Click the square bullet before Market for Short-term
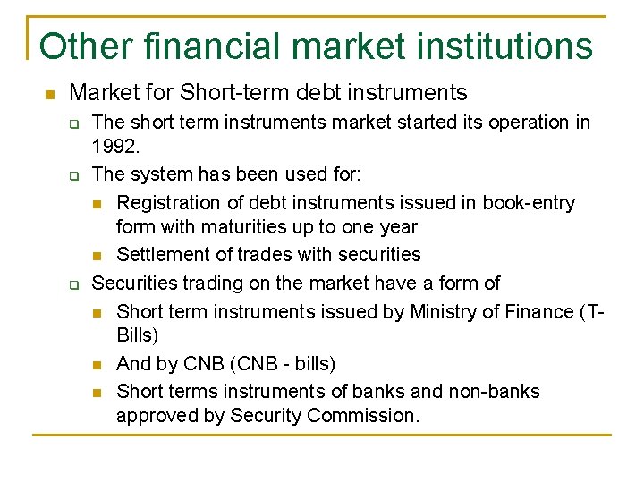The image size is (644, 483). pyautogui.click(x=50, y=93)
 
